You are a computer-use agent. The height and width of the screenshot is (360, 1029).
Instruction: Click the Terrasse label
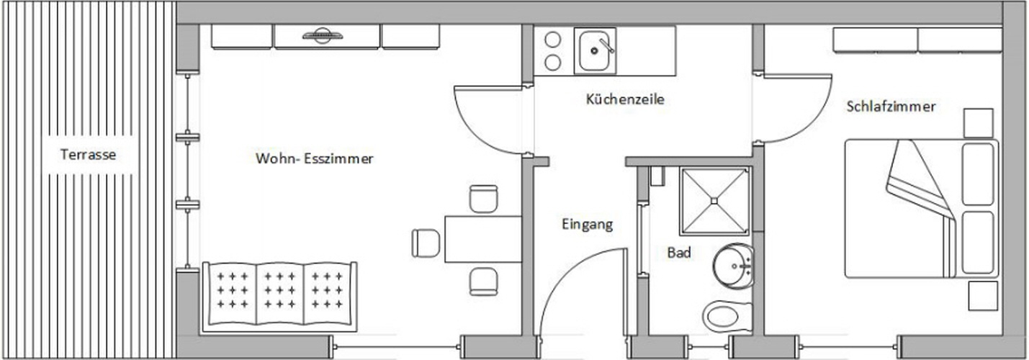88,154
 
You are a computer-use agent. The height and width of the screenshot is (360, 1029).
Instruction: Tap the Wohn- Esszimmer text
314,158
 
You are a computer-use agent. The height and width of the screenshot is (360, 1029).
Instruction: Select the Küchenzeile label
625,99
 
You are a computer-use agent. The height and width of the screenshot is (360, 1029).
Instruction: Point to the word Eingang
587,224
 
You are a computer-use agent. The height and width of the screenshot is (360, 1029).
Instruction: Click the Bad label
679,253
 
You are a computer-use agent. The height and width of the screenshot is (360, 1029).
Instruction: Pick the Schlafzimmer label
891,107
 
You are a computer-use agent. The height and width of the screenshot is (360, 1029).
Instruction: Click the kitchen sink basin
595,50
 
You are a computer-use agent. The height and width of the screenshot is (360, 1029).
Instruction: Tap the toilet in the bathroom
727,316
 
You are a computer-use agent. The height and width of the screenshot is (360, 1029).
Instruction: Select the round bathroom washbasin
733,266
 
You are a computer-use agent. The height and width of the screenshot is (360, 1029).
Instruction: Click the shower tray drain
714,201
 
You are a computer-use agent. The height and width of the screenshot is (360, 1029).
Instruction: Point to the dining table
482,239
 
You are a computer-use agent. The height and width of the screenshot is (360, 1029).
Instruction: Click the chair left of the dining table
426,243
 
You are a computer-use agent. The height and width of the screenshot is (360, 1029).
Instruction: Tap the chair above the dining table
483,199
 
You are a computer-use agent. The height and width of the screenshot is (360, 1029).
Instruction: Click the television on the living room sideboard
323,36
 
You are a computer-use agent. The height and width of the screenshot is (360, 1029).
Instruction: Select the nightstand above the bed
978,123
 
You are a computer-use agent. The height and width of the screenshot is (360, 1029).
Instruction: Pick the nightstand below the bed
983,296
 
